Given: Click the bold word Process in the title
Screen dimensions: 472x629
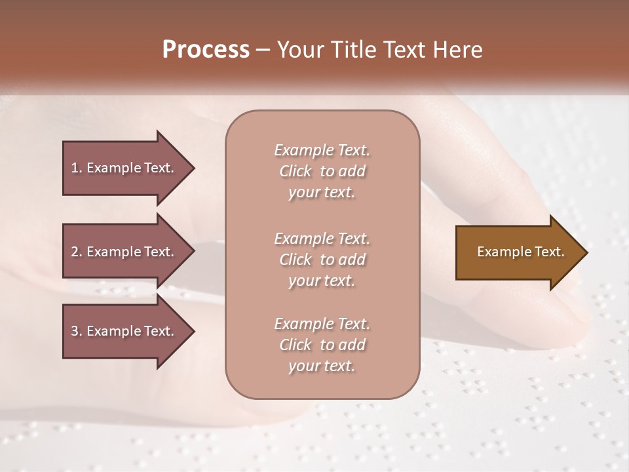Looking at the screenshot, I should coord(206,50).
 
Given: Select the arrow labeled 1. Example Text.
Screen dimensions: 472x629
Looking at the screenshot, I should coord(124,168).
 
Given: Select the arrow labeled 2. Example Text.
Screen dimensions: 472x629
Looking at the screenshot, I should coord(124,252).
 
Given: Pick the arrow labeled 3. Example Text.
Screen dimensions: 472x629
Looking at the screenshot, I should coord(124,331).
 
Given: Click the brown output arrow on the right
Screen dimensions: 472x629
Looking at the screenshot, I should coord(518,252).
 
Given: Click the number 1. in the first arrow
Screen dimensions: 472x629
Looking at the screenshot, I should coord(77,168).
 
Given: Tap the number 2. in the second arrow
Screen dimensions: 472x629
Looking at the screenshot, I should coord(77,252).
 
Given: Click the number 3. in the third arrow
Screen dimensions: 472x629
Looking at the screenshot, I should coord(77,331).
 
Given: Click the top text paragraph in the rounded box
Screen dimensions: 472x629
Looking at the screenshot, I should coord(322,171).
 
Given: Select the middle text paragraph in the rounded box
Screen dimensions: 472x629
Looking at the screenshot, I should coord(322,260).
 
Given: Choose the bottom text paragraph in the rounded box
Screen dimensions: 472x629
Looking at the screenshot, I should coord(322,345).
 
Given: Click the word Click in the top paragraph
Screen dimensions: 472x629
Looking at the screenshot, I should coord(295,171).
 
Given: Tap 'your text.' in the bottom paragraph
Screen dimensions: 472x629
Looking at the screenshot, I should coord(322,366).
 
